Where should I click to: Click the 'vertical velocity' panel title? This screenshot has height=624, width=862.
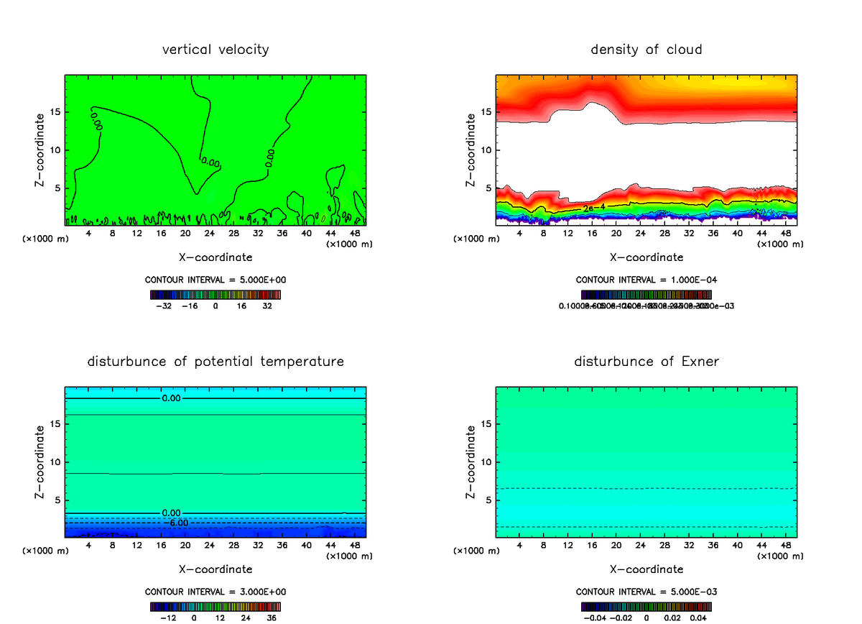[215, 50]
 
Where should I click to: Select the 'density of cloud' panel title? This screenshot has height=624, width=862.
[646, 50]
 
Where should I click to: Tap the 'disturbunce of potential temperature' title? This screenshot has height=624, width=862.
[215, 361]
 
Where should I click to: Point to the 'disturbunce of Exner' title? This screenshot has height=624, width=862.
[646, 361]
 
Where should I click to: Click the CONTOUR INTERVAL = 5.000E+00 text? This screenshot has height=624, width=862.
[215, 280]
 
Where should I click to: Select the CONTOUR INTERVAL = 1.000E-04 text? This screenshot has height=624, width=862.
[646, 280]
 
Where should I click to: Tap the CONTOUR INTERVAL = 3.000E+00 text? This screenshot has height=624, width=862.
[215, 592]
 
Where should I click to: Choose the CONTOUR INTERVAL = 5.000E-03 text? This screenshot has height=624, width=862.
[646, 592]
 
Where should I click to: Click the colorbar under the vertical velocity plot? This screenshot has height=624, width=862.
[215, 295]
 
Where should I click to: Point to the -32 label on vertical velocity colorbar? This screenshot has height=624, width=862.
[164, 306]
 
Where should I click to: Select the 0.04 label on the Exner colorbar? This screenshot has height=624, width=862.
[699, 617]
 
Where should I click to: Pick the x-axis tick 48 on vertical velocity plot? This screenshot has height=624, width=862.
[355, 234]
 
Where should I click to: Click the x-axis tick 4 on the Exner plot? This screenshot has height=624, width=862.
[519, 545]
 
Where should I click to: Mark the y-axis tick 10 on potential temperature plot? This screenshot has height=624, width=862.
[55, 462]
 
